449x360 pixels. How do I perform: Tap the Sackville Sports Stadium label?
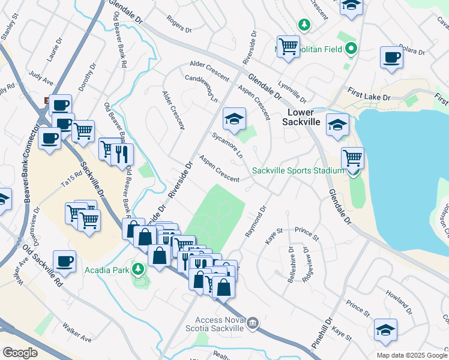pos(298,170)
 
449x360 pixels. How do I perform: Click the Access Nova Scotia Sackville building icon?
pos(253,324)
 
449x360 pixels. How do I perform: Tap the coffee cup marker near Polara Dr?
pos(391,58)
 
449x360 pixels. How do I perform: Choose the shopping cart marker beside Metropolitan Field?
pos(289,46)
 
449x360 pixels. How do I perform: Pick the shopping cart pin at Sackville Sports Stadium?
pos(352,158)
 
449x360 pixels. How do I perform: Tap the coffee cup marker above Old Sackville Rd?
pos(64,262)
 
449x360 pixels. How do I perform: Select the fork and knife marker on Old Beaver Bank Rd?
pos(122,154)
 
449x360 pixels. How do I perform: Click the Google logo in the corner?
pos(20,353)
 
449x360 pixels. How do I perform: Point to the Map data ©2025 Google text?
pos(412,355)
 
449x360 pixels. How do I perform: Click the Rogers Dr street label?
pos(179,26)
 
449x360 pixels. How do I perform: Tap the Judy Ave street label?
pos(41,79)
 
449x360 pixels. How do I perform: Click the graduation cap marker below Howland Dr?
pos(385,329)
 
